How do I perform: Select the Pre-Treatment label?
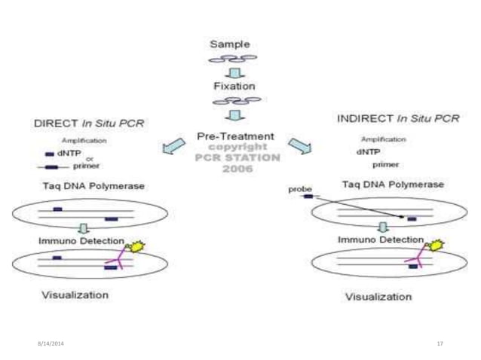(236, 137)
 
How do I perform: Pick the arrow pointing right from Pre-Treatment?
(299, 145)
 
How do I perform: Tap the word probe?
(299, 189)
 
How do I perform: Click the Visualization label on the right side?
(378, 296)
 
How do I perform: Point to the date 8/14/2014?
(47, 343)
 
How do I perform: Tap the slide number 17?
(440, 343)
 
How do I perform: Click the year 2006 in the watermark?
(237, 167)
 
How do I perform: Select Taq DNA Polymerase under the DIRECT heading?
(83, 185)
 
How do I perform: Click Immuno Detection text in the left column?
(81, 240)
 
